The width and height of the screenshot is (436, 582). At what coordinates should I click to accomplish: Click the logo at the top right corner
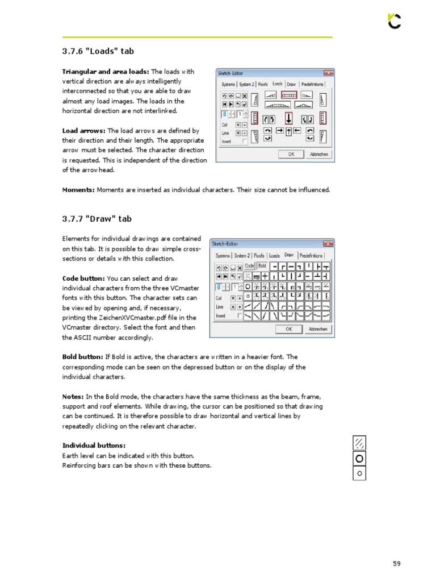click(x=394, y=21)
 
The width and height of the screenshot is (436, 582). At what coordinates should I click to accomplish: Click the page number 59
click(x=396, y=563)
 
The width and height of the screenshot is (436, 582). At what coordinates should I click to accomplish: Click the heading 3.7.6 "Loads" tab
click(x=98, y=51)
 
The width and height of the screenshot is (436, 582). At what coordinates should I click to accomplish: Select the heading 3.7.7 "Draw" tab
click(x=97, y=219)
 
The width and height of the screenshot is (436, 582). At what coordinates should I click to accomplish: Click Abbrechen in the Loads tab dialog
click(x=318, y=154)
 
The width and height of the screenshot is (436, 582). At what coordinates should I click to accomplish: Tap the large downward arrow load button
click(x=288, y=119)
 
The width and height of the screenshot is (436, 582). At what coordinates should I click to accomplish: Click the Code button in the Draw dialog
click(x=250, y=266)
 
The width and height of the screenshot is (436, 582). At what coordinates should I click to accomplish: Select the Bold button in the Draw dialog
click(x=262, y=266)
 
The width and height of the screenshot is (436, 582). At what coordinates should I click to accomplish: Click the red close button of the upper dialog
click(x=328, y=73)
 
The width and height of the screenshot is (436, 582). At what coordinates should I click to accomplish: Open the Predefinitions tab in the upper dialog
click(x=312, y=84)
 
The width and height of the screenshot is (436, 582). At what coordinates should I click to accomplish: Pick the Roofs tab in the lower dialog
click(x=259, y=256)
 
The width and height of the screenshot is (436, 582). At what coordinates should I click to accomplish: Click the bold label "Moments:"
click(x=78, y=190)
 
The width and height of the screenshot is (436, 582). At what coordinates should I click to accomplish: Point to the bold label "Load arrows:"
click(x=83, y=131)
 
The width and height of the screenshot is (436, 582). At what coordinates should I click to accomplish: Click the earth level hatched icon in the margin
click(x=359, y=443)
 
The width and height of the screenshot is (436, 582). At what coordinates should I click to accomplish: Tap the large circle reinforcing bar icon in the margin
click(x=359, y=458)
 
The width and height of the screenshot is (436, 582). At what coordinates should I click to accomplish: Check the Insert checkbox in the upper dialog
click(x=245, y=142)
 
